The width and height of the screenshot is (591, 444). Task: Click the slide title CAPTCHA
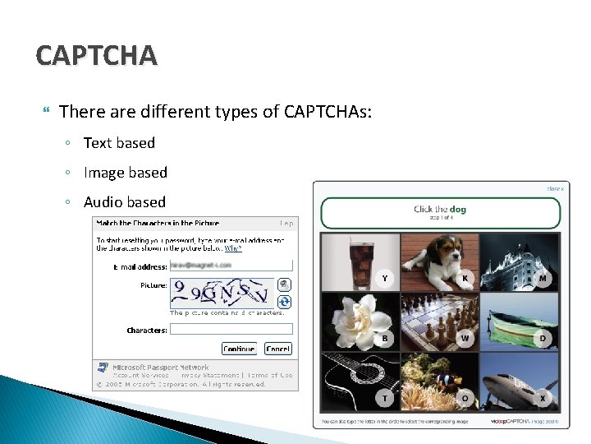pyautogui.click(x=96, y=56)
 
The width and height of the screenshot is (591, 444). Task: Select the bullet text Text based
pyautogui.click(x=119, y=143)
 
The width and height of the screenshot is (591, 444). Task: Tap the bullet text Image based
pyautogui.click(x=125, y=173)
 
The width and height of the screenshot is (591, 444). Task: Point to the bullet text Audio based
pyautogui.click(x=124, y=202)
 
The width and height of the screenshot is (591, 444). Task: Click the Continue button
pyautogui.click(x=239, y=349)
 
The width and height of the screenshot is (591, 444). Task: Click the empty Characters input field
pyautogui.click(x=231, y=330)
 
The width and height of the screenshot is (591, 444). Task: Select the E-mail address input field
pyautogui.click(x=231, y=266)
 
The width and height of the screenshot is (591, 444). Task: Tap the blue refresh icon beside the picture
pyautogui.click(x=284, y=302)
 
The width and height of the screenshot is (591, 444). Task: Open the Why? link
pyautogui.click(x=233, y=247)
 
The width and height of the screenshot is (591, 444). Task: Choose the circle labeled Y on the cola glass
pyautogui.click(x=384, y=279)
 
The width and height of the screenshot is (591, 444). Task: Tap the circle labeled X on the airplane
pyautogui.click(x=543, y=398)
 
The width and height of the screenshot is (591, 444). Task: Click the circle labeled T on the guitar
pyautogui.click(x=384, y=398)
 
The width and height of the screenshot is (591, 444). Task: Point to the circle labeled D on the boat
pyautogui.click(x=543, y=338)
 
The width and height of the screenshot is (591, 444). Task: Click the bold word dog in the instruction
pyautogui.click(x=457, y=210)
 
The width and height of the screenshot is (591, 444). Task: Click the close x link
pyautogui.click(x=555, y=189)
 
